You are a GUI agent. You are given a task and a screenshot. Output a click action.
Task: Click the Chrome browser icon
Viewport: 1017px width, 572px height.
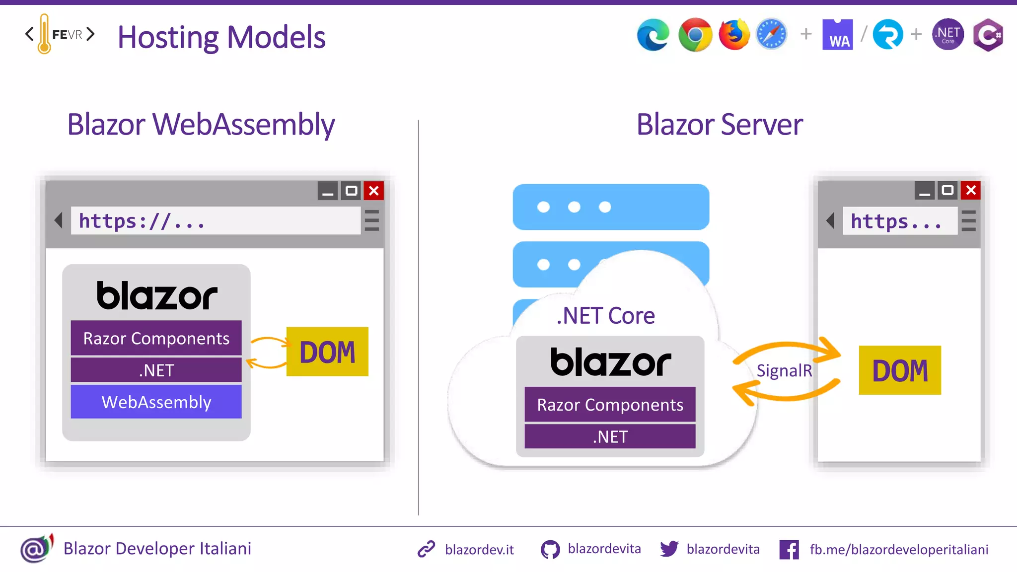[695, 35]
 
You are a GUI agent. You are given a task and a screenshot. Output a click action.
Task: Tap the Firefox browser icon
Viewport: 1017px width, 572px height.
[734, 35]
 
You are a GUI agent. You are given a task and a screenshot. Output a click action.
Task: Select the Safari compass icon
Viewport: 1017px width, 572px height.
[772, 35]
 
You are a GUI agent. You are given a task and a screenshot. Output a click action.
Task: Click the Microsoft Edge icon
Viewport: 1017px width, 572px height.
[654, 35]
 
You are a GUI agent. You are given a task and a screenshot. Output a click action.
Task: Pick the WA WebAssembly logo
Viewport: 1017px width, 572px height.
[838, 35]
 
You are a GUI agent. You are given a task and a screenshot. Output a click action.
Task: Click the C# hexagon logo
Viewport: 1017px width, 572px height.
[988, 35]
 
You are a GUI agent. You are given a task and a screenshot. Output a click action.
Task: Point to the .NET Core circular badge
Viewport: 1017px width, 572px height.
[948, 35]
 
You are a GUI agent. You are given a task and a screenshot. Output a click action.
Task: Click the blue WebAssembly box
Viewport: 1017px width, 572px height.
[156, 402]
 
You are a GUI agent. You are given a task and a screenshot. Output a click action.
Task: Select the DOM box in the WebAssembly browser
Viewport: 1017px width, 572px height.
[327, 352]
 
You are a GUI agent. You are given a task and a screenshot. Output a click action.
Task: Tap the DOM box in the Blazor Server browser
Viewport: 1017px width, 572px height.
[900, 370]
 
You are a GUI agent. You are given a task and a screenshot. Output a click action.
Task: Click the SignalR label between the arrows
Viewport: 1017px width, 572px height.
[784, 370]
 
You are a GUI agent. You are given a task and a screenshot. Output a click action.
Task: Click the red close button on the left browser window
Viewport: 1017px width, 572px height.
[374, 191]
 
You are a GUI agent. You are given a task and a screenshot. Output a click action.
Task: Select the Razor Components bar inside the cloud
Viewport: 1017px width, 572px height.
[610, 405]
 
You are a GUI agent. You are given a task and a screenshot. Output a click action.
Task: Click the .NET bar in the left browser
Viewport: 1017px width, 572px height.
[156, 370]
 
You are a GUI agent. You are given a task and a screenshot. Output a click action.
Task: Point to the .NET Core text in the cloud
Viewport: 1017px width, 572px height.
[605, 316]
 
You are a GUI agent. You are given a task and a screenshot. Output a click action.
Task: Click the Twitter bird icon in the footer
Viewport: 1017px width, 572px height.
[669, 549]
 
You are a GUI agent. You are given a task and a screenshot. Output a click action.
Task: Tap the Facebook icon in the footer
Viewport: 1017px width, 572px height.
[789, 550]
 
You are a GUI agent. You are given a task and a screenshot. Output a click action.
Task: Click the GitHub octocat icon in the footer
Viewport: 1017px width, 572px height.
[550, 550]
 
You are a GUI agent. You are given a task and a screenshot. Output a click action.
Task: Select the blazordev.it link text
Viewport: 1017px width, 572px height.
[479, 550]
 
